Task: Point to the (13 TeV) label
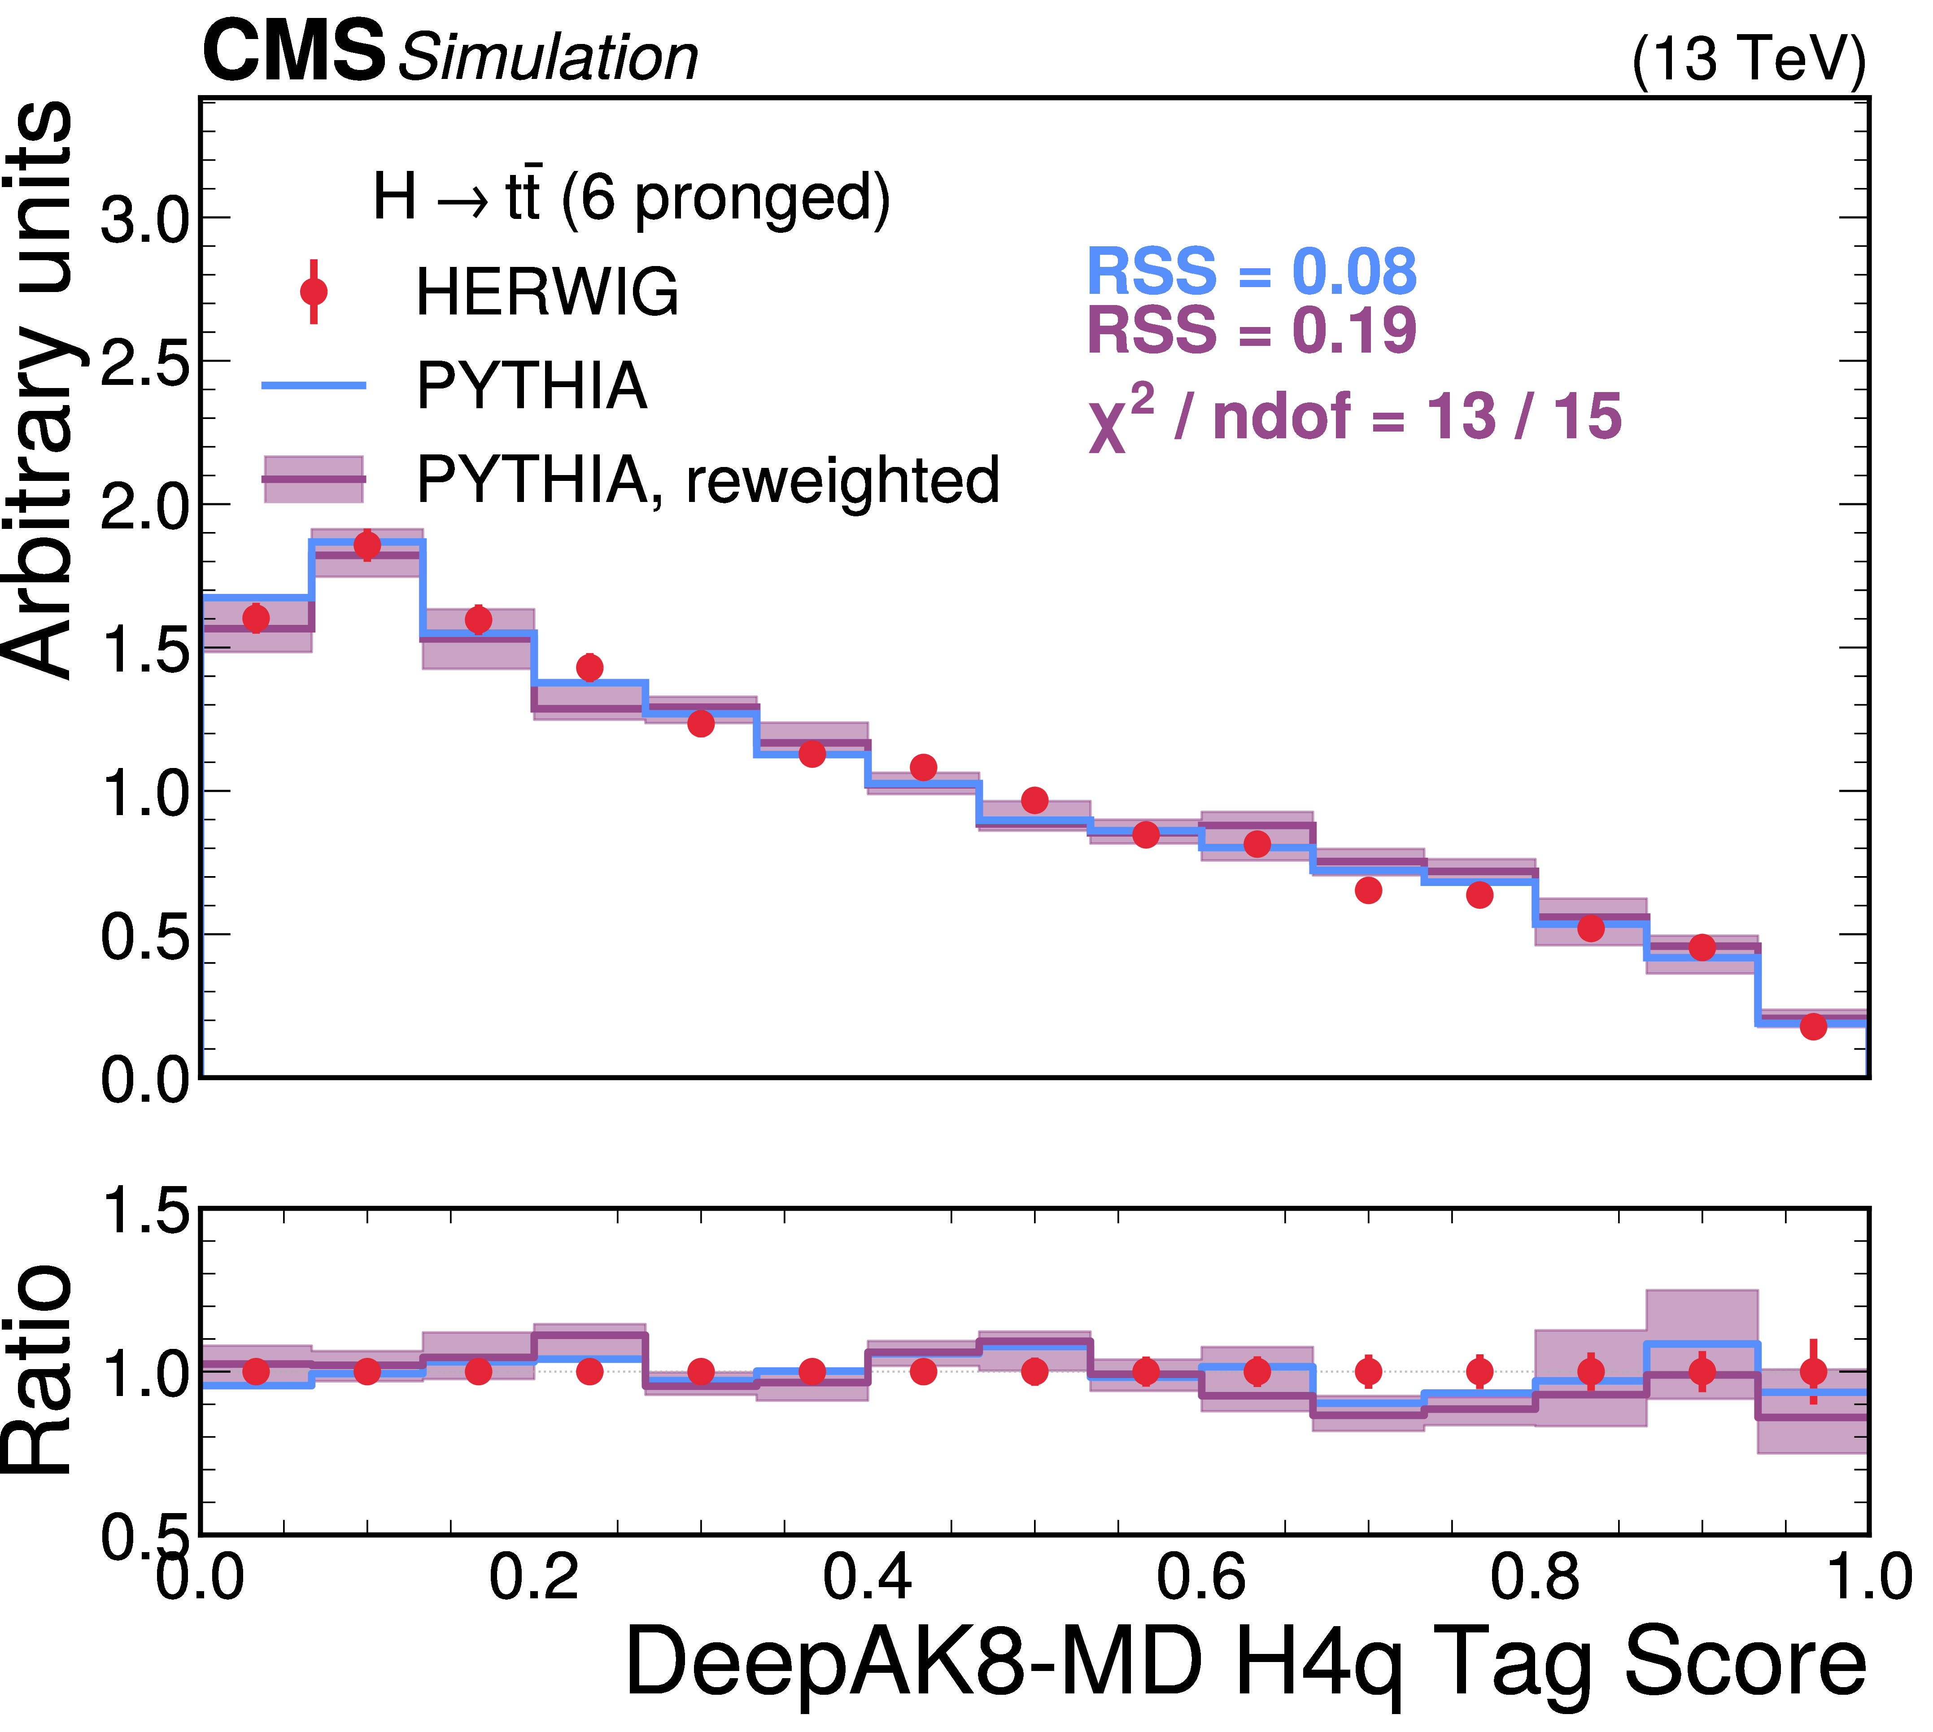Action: [1748, 59]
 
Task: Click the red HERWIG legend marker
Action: [313, 291]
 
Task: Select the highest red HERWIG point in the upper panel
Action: [367, 545]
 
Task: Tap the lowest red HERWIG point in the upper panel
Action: [1813, 1026]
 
